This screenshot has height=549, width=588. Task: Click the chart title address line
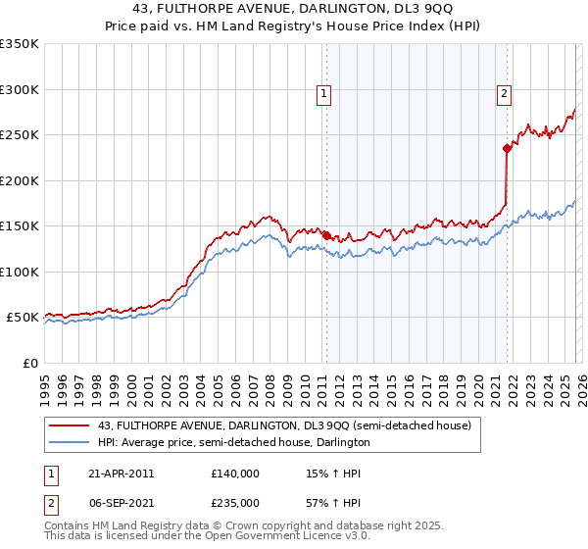pyautogui.click(x=293, y=9)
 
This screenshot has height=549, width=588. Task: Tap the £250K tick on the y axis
pyautogui.click(x=20, y=135)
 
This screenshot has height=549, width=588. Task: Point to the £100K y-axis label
pyautogui.click(x=20, y=272)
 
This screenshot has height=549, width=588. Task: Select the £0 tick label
pyautogui.click(x=29, y=363)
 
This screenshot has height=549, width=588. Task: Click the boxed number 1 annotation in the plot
pyautogui.click(x=324, y=94)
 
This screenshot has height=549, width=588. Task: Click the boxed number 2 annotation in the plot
pyautogui.click(x=504, y=94)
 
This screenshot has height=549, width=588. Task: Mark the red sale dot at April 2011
pyautogui.click(x=326, y=235)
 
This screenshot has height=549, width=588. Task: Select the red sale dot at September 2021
pyautogui.click(x=507, y=149)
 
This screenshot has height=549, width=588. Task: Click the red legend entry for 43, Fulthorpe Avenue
pyautogui.click(x=284, y=425)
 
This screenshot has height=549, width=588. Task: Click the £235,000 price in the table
pyautogui.click(x=234, y=501)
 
